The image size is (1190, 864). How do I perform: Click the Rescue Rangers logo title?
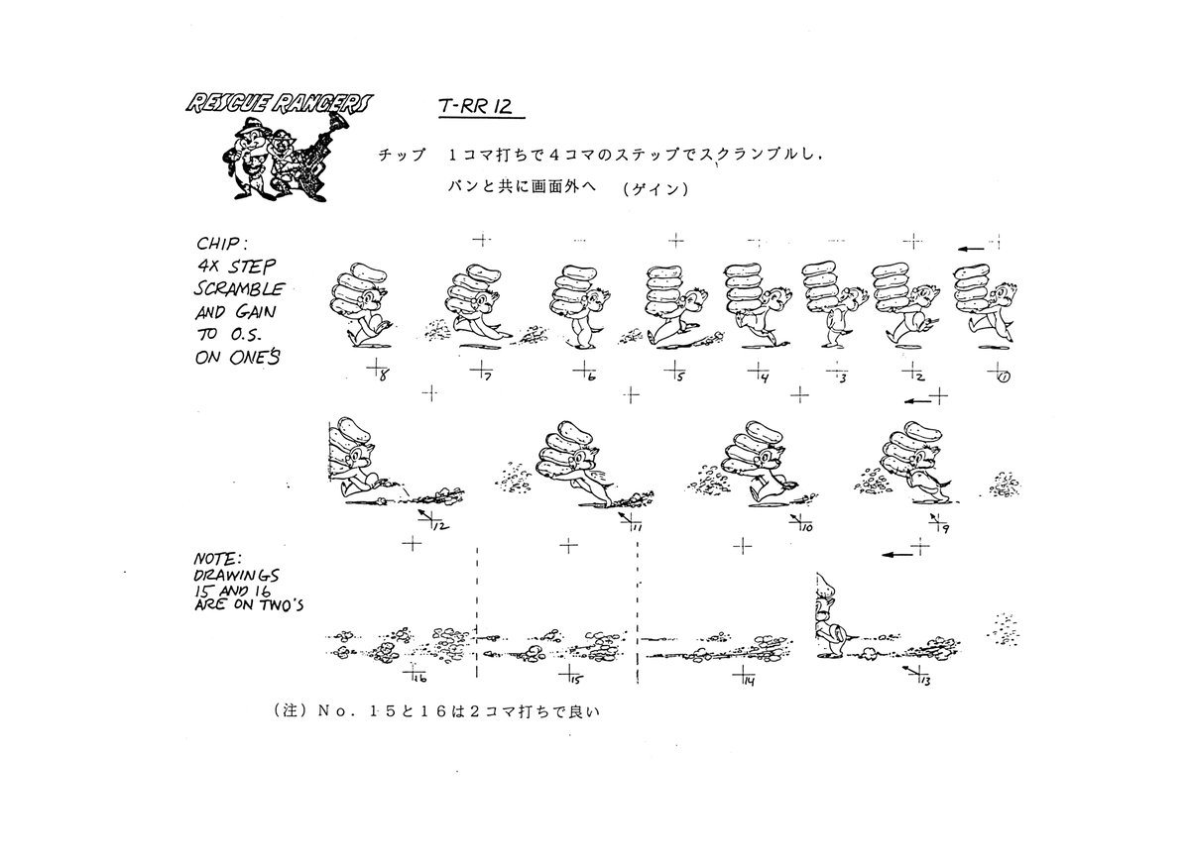click(279, 104)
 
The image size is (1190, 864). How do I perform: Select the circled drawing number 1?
click(1004, 378)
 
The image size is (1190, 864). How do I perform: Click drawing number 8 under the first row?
click(384, 376)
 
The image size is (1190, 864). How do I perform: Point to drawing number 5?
click(680, 377)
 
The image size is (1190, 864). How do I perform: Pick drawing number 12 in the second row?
click(441, 526)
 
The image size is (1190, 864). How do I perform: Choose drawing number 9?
click(946, 528)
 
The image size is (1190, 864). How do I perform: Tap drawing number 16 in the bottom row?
click(419, 679)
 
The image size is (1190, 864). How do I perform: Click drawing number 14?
click(750, 681)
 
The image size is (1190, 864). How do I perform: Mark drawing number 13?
click(925, 682)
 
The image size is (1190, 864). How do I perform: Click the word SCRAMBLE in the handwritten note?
click(239, 288)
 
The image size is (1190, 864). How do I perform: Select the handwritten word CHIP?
click(221, 243)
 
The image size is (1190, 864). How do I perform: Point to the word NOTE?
click(218, 559)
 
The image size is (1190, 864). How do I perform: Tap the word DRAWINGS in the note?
click(236, 576)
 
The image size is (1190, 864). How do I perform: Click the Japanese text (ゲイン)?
click(655, 189)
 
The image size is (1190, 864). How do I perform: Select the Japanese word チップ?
click(402, 155)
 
